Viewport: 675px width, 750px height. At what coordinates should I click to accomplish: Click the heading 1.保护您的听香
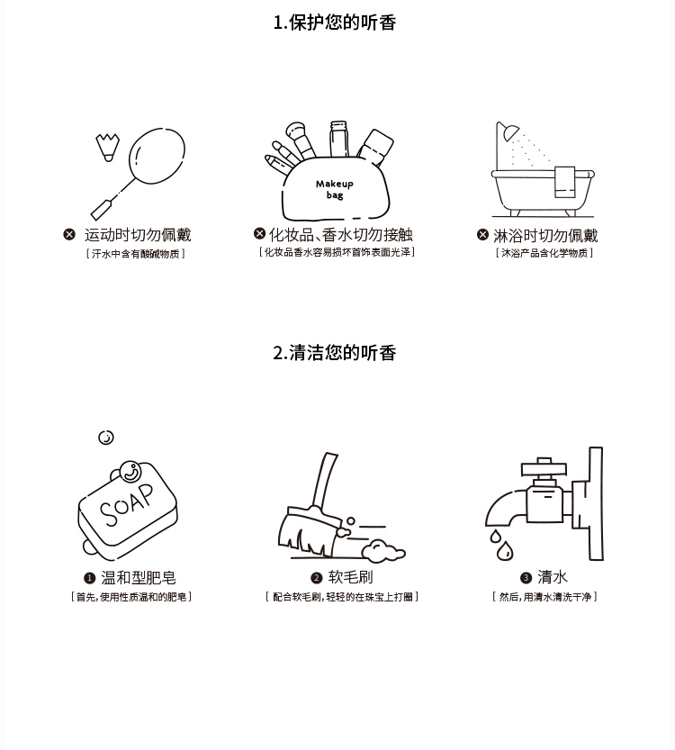pyautogui.click(x=335, y=23)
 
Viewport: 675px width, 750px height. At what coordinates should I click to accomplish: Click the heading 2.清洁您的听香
pyautogui.click(x=335, y=353)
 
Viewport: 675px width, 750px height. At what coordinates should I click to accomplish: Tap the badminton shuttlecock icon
pyautogui.click(x=108, y=148)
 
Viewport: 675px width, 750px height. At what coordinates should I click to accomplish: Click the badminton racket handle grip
pyautogui.click(x=102, y=210)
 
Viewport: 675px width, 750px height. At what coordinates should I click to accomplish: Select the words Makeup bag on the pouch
pyautogui.click(x=335, y=189)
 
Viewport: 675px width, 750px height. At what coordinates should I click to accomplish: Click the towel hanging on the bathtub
pyautogui.click(x=564, y=182)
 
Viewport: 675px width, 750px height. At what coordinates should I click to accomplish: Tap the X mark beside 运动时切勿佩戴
pyautogui.click(x=69, y=234)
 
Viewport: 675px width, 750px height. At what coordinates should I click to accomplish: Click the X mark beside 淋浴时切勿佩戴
pyautogui.click(x=482, y=234)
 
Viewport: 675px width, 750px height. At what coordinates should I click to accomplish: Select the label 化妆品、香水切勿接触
pyautogui.click(x=341, y=234)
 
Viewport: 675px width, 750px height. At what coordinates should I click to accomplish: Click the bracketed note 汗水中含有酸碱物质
pyautogui.click(x=135, y=254)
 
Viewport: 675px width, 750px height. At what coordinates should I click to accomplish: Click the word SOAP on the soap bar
pyautogui.click(x=127, y=504)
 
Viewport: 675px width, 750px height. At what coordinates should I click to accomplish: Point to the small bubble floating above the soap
pyautogui.click(x=106, y=438)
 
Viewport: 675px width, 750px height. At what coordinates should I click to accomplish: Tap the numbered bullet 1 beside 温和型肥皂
pyautogui.click(x=89, y=578)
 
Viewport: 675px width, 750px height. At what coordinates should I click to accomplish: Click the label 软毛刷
pyautogui.click(x=350, y=577)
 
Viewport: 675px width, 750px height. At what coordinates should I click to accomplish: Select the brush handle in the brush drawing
pyautogui.click(x=325, y=479)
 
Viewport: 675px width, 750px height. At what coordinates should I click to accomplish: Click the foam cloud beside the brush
pyautogui.click(x=382, y=550)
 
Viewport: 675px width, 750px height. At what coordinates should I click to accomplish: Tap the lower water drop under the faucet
pyautogui.click(x=504, y=550)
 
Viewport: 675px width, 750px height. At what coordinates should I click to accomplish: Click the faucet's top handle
pyautogui.click(x=544, y=466)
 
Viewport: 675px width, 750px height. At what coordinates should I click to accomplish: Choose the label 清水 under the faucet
pyautogui.click(x=552, y=577)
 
